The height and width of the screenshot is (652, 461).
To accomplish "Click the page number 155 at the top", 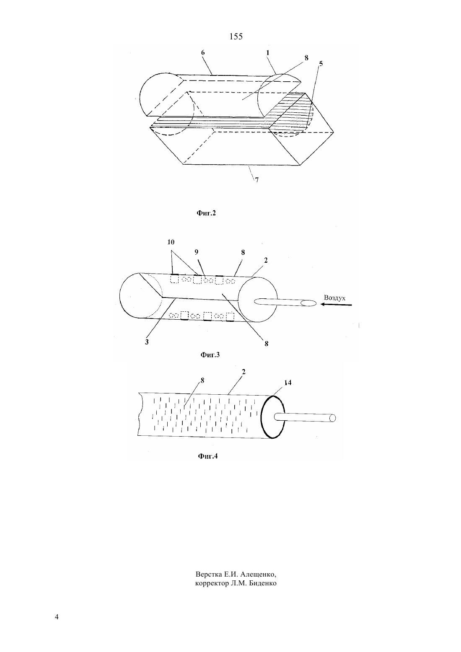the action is pyautogui.click(x=236, y=36).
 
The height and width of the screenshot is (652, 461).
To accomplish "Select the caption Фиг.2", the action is pyautogui.click(x=206, y=213).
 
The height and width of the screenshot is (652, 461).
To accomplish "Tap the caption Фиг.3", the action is pyautogui.click(x=210, y=354).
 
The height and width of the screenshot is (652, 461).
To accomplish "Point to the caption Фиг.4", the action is pyautogui.click(x=208, y=456).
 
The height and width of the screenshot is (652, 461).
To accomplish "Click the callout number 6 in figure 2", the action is pyautogui.click(x=203, y=52).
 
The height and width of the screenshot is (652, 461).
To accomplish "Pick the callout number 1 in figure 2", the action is pyautogui.click(x=268, y=53).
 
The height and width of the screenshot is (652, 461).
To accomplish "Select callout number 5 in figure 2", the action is pyautogui.click(x=321, y=63).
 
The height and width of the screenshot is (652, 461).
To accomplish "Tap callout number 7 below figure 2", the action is pyautogui.click(x=256, y=180).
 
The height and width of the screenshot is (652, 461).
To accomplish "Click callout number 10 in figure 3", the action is pyautogui.click(x=171, y=242).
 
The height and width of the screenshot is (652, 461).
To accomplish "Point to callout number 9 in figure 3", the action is pyautogui.click(x=197, y=252).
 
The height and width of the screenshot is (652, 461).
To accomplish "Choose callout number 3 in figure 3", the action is pyautogui.click(x=147, y=342).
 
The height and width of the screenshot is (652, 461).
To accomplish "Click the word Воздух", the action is pyautogui.click(x=335, y=298).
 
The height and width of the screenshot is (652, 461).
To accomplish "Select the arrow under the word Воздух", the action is pyautogui.click(x=336, y=305).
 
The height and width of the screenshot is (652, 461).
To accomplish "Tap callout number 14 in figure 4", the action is pyautogui.click(x=287, y=383).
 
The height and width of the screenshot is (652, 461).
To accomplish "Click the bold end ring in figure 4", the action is pyautogui.click(x=261, y=416).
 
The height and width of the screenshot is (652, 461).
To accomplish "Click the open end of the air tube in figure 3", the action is pyautogui.click(x=308, y=303).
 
